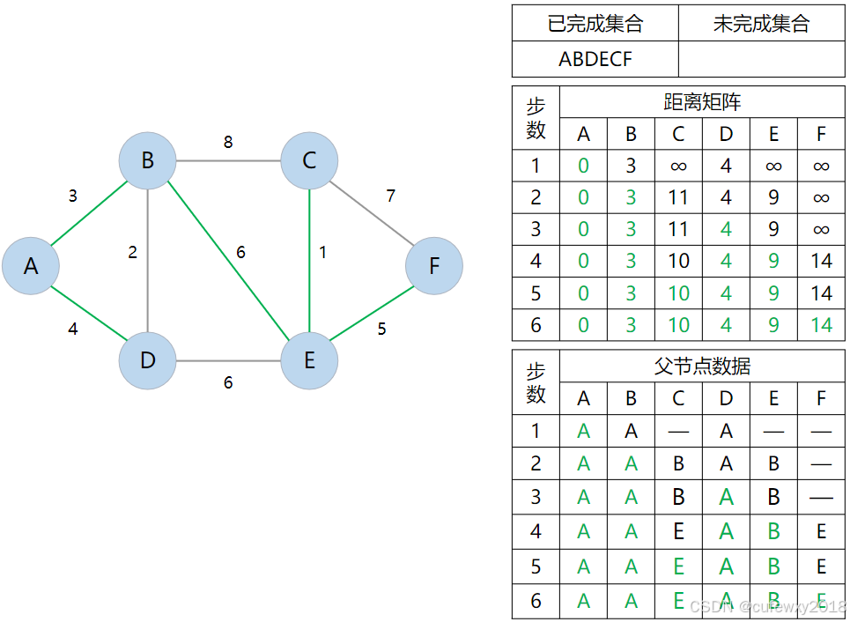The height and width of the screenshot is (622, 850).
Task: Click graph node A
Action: tap(31, 266)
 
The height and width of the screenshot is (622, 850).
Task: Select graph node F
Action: tap(434, 266)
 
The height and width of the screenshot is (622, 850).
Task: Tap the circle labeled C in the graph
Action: tap(309, 160)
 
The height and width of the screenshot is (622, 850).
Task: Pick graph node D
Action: tap(147, 360)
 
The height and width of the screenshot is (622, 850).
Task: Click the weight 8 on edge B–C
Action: tap(228, 142)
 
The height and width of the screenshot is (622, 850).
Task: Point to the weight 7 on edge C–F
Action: tap(391, 196)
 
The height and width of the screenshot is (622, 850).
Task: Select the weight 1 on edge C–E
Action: tap(323, 252)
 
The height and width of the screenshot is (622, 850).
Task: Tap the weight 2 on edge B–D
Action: tap(133, 253)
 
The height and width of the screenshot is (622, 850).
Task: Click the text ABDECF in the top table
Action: tap(595, 59)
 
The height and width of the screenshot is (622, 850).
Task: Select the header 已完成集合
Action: tap(595, 24)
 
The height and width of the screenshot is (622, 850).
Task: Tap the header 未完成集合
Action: tap(761, 24)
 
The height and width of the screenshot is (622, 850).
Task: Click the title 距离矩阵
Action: tap(702, 102)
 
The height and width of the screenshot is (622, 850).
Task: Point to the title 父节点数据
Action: tap(702, 367)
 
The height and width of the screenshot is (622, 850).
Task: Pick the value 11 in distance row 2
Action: tap(678, 197)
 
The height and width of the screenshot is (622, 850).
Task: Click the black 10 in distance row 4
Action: tap(678, 261)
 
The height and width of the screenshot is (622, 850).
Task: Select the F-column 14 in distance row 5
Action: tap(821, 292)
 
